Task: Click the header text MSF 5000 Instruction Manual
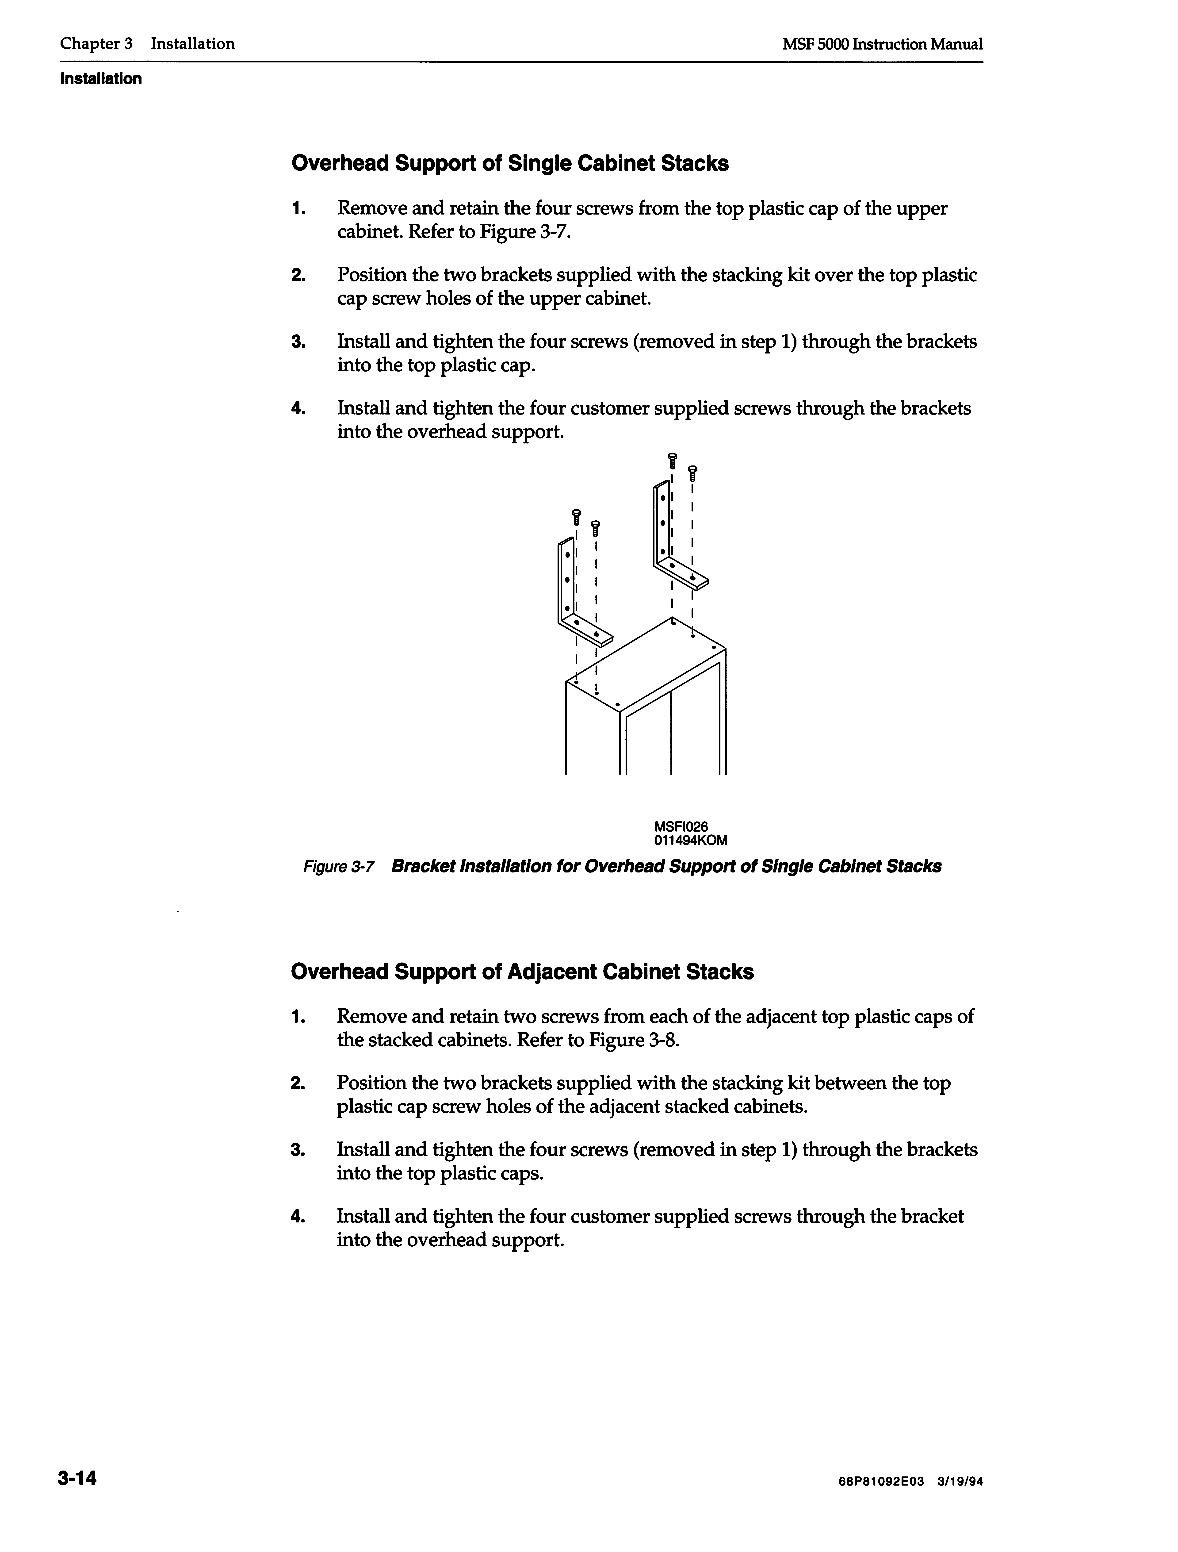(882, 44)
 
